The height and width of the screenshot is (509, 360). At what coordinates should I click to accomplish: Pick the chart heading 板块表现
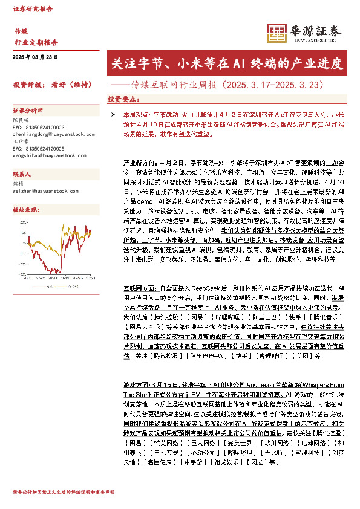pyautogui.click(x=25, y=209)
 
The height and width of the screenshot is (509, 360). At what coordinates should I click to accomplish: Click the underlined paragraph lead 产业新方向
pyautogui.click(x=137, y=163)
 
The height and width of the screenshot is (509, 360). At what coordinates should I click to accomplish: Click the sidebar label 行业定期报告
pyautogui.click(x=36, y=42)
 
